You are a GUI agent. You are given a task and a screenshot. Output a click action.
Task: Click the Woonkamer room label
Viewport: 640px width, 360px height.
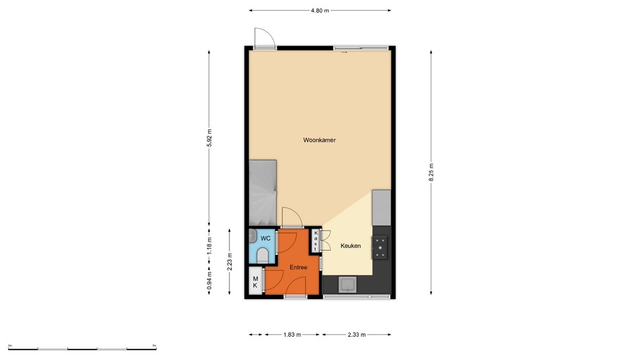coord(319,140)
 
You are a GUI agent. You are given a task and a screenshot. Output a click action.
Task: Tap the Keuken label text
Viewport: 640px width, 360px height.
coord(351,246)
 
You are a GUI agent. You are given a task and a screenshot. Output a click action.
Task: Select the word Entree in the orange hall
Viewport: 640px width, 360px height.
coord(298,267)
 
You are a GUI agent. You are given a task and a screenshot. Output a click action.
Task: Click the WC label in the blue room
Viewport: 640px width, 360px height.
coord(266,238)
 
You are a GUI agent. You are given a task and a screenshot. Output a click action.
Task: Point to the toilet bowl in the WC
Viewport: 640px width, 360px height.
coord(263,255)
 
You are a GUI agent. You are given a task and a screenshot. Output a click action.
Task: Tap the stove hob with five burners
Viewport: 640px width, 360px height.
coord(381,247)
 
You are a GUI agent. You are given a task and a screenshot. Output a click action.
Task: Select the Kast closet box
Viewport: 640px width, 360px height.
coord(316,241)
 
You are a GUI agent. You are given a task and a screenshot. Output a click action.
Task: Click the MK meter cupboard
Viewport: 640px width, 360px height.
coord(255,281)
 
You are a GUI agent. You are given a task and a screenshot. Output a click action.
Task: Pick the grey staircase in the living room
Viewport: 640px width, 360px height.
coord(262,192)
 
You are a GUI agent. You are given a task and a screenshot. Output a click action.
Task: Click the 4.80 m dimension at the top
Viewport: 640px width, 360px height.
coord(319,11)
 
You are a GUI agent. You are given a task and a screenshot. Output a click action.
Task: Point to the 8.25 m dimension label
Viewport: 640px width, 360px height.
coord(431,172)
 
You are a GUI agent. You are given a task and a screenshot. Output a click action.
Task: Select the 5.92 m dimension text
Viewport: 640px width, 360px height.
coord(209,137)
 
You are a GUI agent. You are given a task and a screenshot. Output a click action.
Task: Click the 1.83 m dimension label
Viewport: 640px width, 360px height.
coord(292,335)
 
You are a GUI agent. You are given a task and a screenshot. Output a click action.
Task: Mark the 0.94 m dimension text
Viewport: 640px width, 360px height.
coord(209,281)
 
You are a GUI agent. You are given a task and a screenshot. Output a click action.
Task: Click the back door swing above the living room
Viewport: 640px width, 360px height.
coord(263,38)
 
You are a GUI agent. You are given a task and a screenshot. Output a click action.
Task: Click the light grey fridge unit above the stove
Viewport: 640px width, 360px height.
coord(381,208)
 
